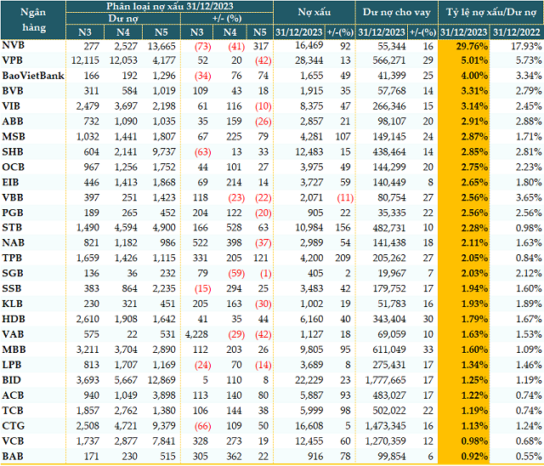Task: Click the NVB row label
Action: coord(14,44)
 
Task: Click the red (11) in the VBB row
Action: coord(347,197)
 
